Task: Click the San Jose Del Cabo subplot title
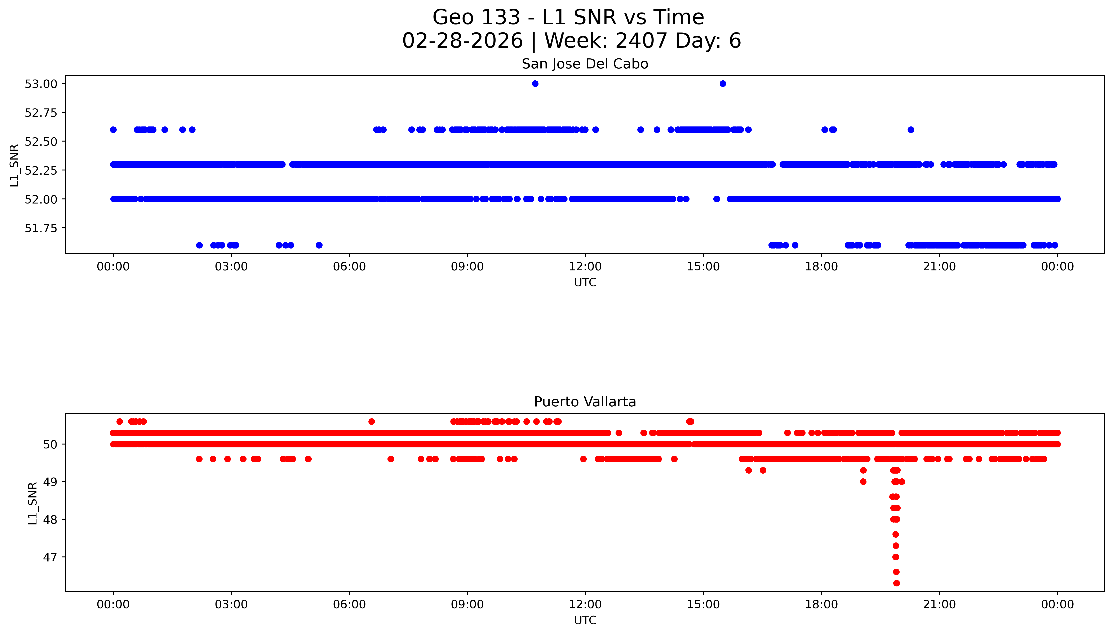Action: pos(585,64)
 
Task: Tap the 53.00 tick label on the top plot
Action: pos(41,84)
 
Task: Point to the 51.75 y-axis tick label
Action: pos(41,228)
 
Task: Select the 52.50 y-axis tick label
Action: pos(41,141)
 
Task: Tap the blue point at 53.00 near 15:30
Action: pos(723,84)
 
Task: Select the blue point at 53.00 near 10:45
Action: pos(535,84)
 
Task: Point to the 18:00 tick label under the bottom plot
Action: pos(821,604)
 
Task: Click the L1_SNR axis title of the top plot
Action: pos(14,166)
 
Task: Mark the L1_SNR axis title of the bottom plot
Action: pos(33,503)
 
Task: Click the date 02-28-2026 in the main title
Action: pos(462,41)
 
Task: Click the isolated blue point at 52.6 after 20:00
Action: pos(910,130)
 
